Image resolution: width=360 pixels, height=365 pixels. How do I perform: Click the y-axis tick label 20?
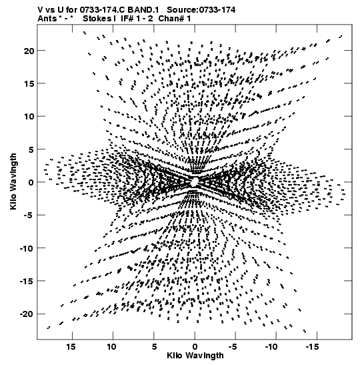pos(29,51)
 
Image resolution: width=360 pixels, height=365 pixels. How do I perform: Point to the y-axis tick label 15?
pos(29,83)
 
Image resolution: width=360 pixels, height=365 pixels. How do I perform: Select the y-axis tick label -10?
pos(27,248)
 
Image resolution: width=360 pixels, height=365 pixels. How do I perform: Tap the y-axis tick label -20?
pos(27,314)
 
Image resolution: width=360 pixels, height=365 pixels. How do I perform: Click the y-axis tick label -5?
pos(30,215)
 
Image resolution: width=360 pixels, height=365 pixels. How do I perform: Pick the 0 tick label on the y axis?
pos(31,182)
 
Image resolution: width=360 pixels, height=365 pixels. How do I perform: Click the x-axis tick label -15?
pos(311,346)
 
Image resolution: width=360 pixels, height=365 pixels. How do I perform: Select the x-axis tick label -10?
pos(271,346)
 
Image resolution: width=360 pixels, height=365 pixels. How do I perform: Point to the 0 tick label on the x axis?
pos(195,346)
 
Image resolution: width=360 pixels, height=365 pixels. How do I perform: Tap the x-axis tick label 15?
pos(71,346)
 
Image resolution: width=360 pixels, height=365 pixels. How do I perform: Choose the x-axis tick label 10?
pos(112,346)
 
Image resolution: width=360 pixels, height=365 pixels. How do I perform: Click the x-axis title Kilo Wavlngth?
pos(195,356)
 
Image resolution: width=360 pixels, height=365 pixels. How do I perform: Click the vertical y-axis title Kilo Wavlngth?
pos(13,181)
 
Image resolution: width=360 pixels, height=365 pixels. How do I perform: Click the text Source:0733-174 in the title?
pos(201,10)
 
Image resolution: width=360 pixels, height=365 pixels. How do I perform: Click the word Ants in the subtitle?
pos(47,19)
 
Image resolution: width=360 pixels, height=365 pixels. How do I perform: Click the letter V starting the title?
pos(40,10)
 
